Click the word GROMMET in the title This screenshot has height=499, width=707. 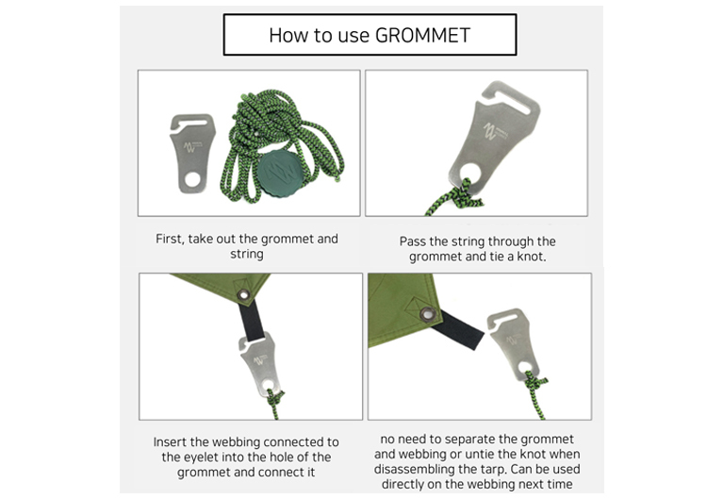coord(422,35)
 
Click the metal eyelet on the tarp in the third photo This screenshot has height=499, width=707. coord(244,295)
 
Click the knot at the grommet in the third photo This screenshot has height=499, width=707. coord(274,398)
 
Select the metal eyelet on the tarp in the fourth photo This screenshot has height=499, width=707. coord(427,313)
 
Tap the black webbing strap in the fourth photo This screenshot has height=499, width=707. coord(457,329)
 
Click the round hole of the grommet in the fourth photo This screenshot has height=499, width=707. coord(524,367)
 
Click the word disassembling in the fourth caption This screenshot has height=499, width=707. coord(407,470)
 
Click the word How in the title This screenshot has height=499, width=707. coord(288,35)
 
